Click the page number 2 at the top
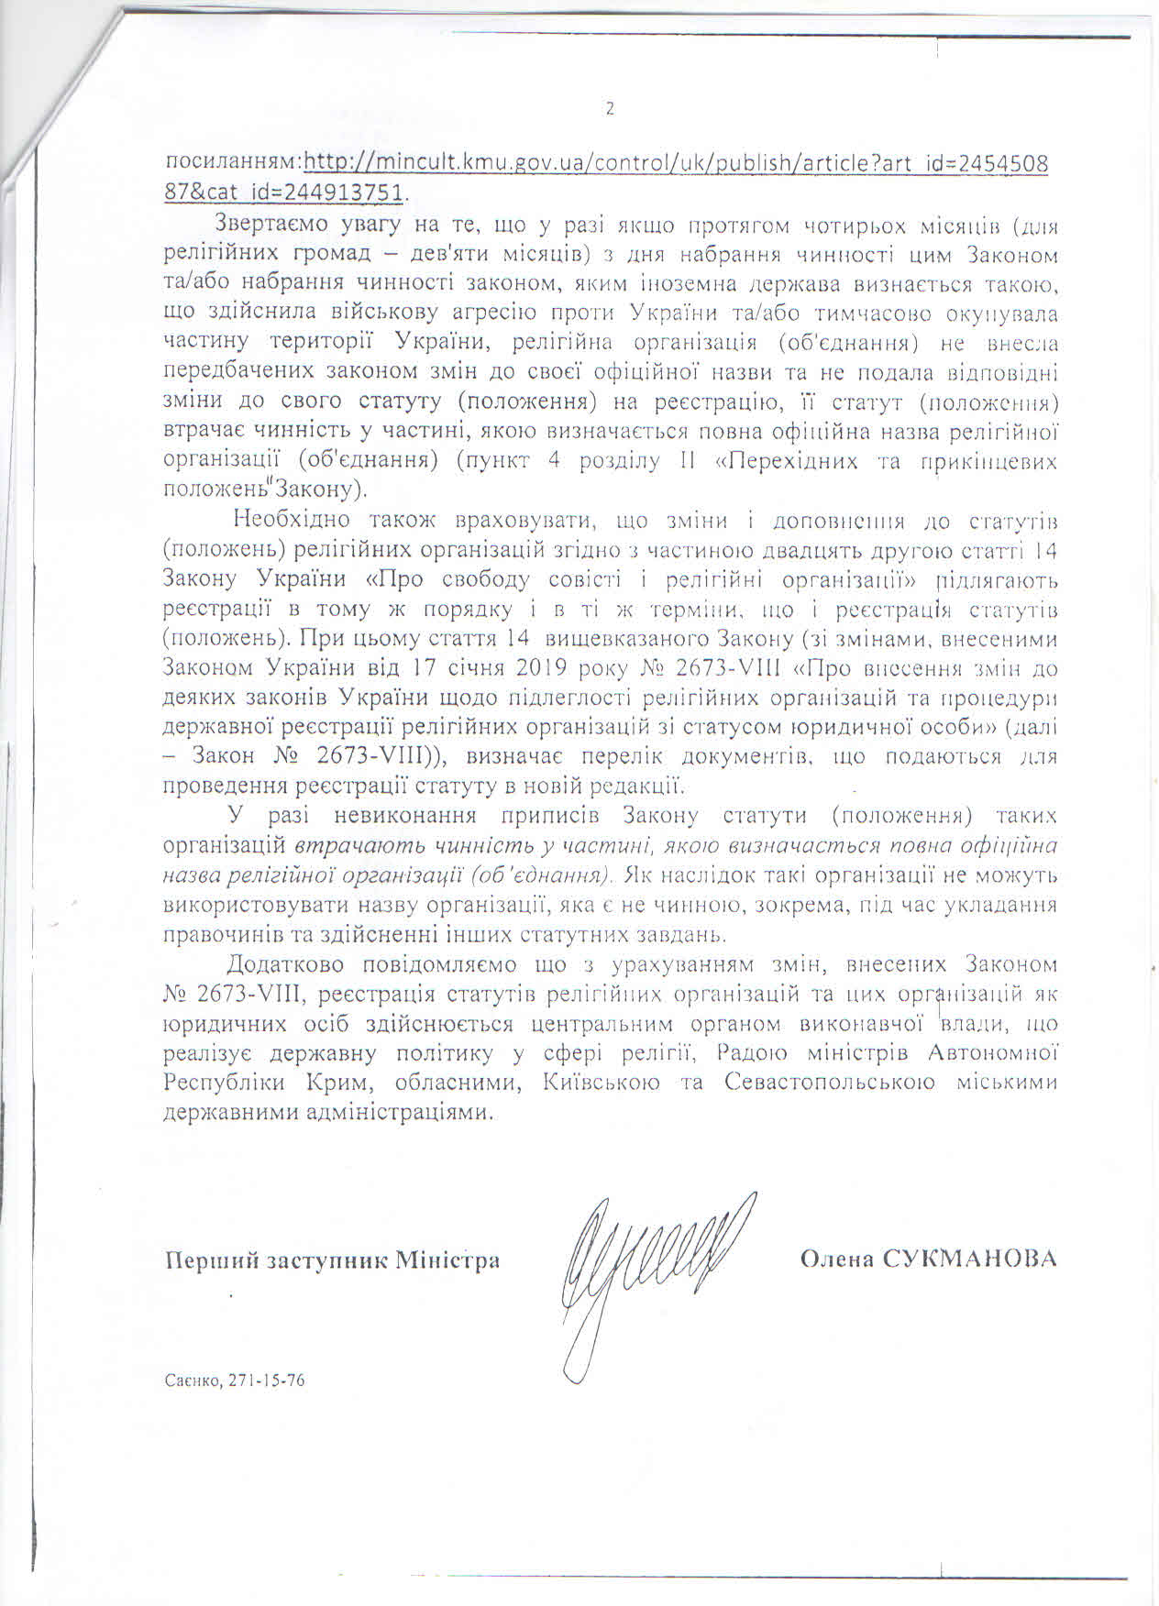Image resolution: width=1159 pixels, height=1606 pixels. pos(610,109)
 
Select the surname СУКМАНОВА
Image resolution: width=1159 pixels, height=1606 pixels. pos(970,1258)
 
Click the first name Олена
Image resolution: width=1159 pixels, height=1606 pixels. pos(836,1258)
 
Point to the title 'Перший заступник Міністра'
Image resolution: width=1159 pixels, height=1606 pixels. pos(333,1259)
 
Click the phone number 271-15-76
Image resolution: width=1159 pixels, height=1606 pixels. pos(272,1380)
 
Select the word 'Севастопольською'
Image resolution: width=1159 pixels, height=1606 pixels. pos(829,1083)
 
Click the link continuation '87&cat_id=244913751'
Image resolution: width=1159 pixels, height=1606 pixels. pos(284,193)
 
